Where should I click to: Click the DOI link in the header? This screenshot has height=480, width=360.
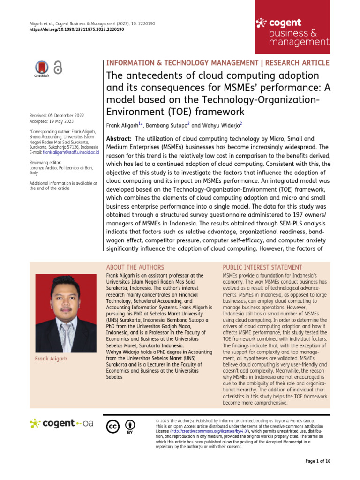pos(73,29)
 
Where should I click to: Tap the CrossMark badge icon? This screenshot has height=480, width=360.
pos(42,68)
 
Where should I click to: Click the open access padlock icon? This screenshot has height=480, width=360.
pos(58,68)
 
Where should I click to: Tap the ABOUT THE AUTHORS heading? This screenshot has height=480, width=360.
pos(135,267)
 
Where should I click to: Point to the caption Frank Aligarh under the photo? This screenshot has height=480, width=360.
pos(51,359)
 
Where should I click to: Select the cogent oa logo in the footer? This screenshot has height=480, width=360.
pos(61,423)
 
